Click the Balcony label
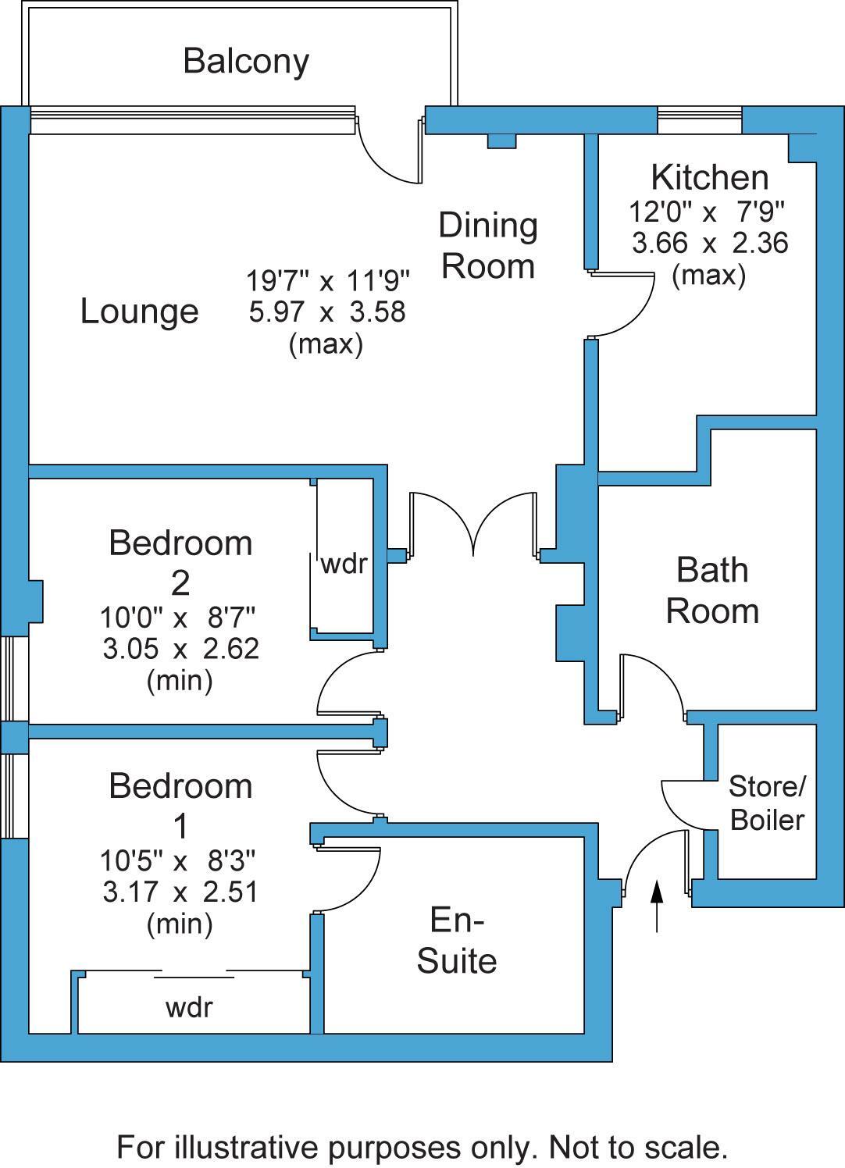pos(246,61)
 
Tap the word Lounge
pos(140,312)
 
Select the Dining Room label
pos(488,245)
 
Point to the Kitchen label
pos(709,177)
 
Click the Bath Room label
pos(712,590)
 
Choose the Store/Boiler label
pos(767,803)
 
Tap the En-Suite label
pos(457,940)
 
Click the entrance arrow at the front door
pos(657,906)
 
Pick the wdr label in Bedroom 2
pos(344,563)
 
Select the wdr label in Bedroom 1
pos(189,1007)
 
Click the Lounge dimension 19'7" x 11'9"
pos(328,279)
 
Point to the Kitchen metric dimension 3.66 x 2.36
pos(710,244)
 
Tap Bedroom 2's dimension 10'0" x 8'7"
pos(177,618)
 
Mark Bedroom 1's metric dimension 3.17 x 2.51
pos(180,892)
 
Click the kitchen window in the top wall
pos(699,120)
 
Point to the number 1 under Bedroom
pos(180,825)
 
